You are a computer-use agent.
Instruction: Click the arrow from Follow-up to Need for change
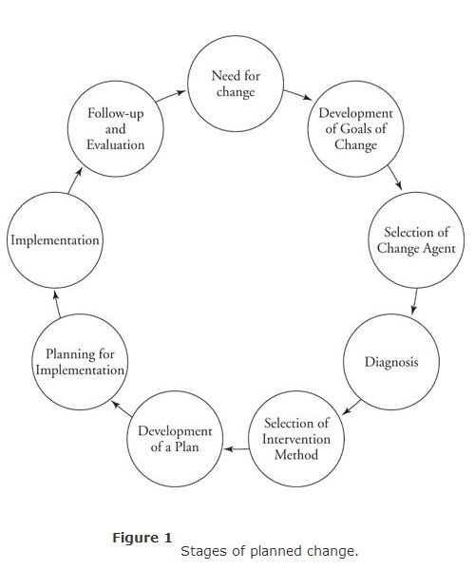tap(171, 96)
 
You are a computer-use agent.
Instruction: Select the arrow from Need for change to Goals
tap(298, 94)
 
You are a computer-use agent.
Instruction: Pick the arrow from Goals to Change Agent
tap(394, 178)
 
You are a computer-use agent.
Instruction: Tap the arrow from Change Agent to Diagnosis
tap(414, 301)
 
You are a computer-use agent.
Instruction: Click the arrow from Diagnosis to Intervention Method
tap(351, 408)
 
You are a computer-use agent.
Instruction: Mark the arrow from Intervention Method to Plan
tap(237, 449)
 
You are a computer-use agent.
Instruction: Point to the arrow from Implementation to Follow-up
tap(75, 180)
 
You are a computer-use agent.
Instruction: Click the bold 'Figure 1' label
tap(142, 538)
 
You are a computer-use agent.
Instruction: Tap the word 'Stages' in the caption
tap(204, 551)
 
